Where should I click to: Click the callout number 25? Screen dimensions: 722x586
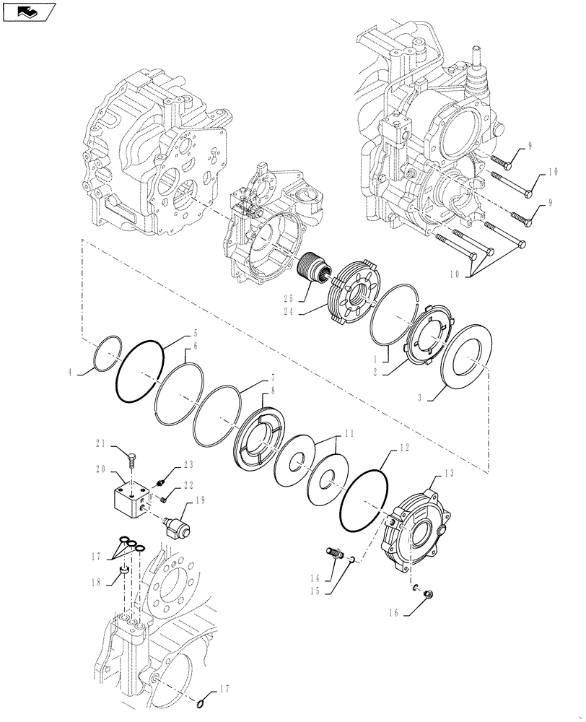click(287, 298)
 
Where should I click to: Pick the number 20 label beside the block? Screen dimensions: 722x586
click(100, 469)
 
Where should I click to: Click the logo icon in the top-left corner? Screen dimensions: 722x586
click(28, 10)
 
